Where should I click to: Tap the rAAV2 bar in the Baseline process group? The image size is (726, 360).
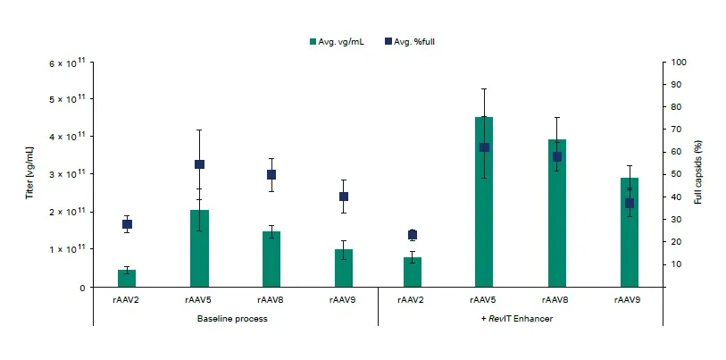point(127,278)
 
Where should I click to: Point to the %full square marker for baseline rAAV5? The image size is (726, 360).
point(199,164)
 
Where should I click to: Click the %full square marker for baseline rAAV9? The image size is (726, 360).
point(344,197)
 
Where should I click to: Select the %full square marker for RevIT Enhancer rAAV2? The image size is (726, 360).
point(412,235)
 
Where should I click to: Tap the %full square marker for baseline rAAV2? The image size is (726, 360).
point(127,224)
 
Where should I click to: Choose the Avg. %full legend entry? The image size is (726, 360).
point(410,42)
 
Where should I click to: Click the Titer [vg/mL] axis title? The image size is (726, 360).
point(29,173)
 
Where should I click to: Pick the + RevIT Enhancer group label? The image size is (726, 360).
point(521,319)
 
